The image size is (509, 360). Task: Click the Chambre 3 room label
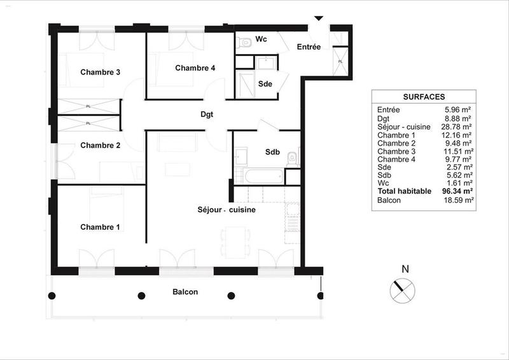tap(100, 72)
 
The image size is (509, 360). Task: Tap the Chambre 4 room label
tap(195, 68)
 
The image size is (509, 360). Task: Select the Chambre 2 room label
tap(100, 145)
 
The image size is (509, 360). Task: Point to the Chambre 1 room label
tap(100, 227)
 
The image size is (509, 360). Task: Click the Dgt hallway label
tap(206, 115)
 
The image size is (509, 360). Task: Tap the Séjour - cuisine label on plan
tap(227, 209)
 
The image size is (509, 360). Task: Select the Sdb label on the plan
tap(273, 152)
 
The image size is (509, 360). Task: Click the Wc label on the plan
tap(261, 39)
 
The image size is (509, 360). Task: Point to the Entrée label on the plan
tap(309, 48)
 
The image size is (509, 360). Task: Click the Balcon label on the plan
tap(185, 293)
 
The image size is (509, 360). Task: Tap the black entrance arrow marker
tap(319, 18)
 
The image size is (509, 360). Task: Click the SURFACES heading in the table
tap(423, 97)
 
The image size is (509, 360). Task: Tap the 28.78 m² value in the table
tap(458, 127)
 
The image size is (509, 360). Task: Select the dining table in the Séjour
tap(232, 240)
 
